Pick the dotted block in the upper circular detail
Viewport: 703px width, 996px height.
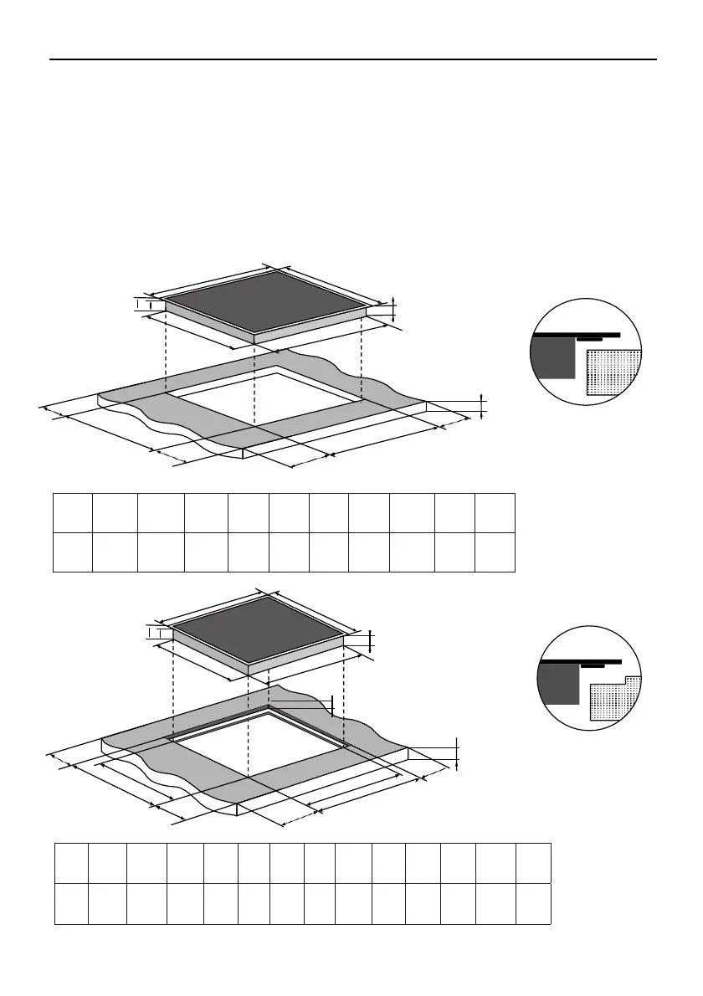click(613, 372)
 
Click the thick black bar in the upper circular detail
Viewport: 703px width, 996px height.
click(577, 335)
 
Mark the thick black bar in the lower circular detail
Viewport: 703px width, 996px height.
click(582, 661)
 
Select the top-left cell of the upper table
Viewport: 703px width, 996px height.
click(73, 512)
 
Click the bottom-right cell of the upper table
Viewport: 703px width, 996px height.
click(495, 552)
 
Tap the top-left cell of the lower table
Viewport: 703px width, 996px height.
click(72, 863)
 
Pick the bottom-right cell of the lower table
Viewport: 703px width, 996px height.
click(533, 903)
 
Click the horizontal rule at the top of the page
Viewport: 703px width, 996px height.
click(351, 59)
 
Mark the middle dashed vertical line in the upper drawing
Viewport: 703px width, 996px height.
click(254, 381)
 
